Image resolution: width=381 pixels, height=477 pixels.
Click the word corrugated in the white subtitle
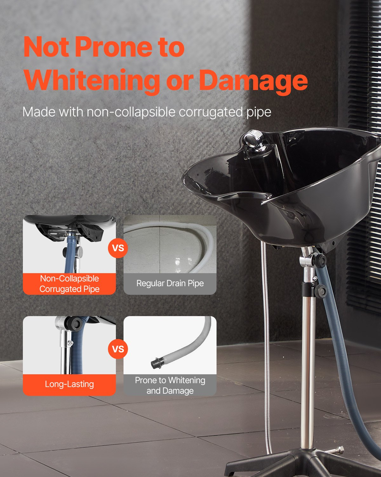[x=211, y=112]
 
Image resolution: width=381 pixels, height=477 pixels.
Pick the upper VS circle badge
[x=118, y=248]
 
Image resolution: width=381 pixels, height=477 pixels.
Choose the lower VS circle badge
[x=118, y=349]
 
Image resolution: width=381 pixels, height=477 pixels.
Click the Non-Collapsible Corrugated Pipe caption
[x=69, y=284]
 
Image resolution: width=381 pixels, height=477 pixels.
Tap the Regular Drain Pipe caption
[x=170, y=283]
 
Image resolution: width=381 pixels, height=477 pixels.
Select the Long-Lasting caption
[x=69, y=384]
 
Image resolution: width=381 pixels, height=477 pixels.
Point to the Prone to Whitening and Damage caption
[x=170, y=385]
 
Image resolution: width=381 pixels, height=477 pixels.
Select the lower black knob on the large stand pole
[x=320, y=291]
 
